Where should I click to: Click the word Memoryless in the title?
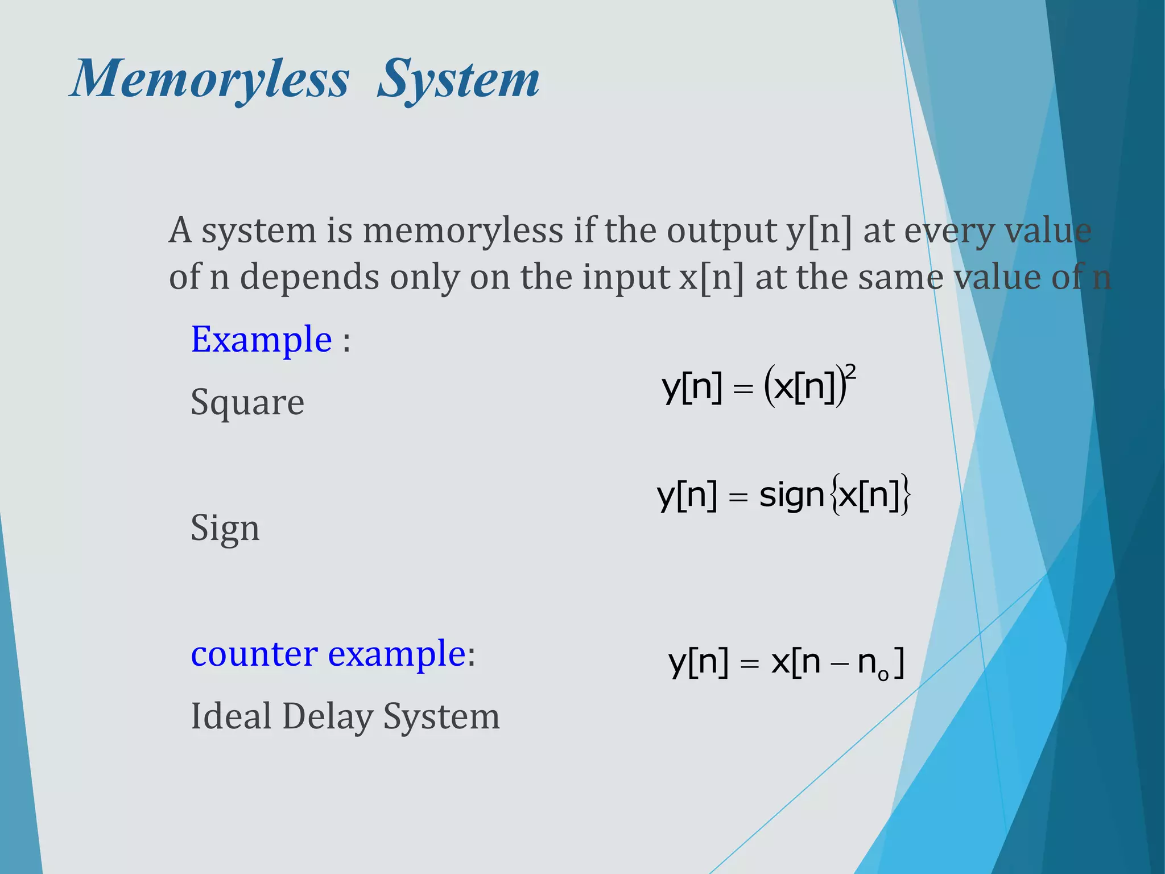click(209, 80)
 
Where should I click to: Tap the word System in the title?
click(458, 80)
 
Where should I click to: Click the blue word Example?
click(261, 340)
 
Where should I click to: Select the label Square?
click(247, 403)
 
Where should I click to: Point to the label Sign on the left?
click(225, 528)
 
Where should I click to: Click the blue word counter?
click(254, 654)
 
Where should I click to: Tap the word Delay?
click(327, 717)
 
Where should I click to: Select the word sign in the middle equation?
click(791, 496)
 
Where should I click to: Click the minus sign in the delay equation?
click(838, 665)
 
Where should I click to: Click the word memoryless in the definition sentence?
click(463, 232)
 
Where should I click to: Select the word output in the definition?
click(721, 232)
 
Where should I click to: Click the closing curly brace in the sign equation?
click(905, 496)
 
